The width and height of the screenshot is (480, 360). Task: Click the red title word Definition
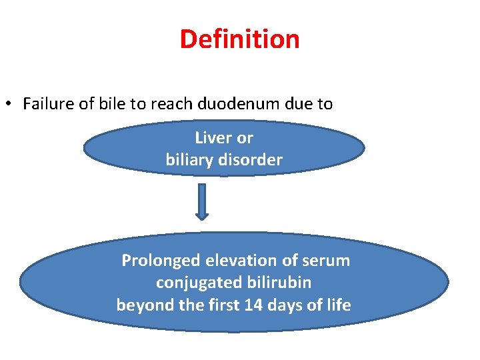pyautogui.click(x=239, y=39)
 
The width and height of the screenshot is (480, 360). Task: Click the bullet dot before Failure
pyautogui.click(x=9, y=105)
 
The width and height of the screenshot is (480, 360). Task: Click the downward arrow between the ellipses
pyautogui.click(x=202, y=201)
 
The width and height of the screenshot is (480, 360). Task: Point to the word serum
pyautogui.click(x=326, y=261)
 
